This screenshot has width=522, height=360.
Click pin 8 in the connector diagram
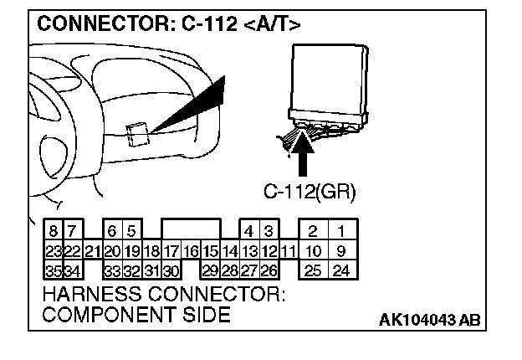coord(53,230)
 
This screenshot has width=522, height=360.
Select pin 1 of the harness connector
coord(340,230)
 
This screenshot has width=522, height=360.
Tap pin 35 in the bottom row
coord(53,270)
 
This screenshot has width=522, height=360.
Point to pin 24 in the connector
coord(340,270)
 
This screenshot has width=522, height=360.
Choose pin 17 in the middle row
coord(171,250)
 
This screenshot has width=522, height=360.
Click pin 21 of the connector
coord(92,250)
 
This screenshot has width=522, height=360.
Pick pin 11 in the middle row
coord(289,250)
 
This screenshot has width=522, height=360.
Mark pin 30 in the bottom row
coord(171,270)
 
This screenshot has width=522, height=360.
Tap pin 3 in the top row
coord(269,230)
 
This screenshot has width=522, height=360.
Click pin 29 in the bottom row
coord(210,270)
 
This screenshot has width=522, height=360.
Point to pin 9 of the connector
coord(340,250)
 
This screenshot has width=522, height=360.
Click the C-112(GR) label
coord(310,192)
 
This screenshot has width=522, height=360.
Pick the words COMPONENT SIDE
coord(136,315)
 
